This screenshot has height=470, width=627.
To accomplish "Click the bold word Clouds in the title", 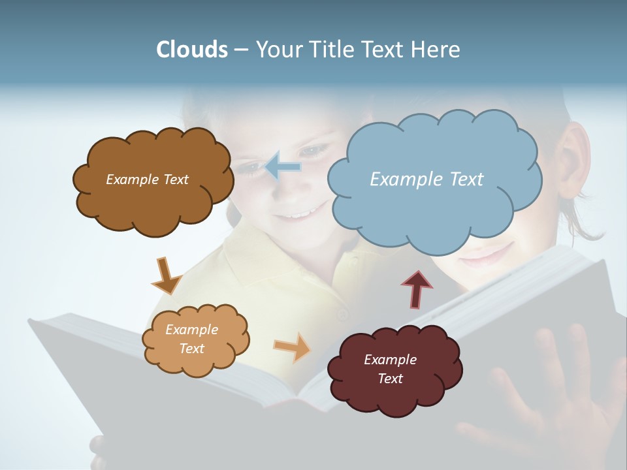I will (x=191, y=50).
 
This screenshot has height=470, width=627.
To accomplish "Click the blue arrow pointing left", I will (x=283, y=166).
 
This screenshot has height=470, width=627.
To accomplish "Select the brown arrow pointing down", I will (x=166, y=275).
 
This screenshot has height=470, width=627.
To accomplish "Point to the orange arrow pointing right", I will (x=293, y=347).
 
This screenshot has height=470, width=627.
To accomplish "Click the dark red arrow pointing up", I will (x=417, y=288).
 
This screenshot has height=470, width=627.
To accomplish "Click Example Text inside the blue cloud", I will (x=426, y=179).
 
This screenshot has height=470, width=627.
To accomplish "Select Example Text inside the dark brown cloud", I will (x=147, y=180).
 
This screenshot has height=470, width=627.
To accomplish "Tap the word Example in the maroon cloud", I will (x=390, y=360).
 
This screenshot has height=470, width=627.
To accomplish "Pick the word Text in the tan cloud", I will (x=192, y=349).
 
